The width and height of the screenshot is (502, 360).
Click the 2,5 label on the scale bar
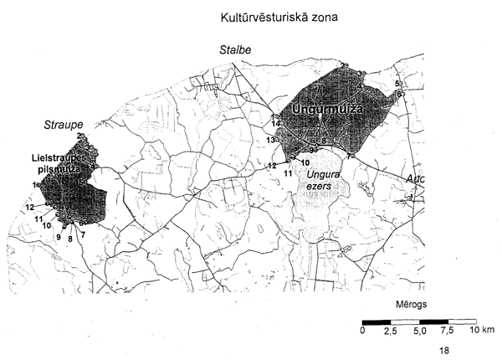coord(390,332)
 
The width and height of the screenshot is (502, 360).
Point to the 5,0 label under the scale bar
coord(419,332)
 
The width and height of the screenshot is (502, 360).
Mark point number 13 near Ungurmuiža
coord(270,139)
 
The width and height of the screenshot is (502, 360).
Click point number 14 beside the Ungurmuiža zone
coord(275,124)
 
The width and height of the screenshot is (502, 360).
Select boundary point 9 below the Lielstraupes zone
coord(58,238)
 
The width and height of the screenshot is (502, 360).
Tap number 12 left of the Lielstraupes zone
coord(29,207)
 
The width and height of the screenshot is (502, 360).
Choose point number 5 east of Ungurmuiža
coord(397,84)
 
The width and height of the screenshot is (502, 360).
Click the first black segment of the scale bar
coord(376,321)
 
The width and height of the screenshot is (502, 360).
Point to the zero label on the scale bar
coord(362,332)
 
